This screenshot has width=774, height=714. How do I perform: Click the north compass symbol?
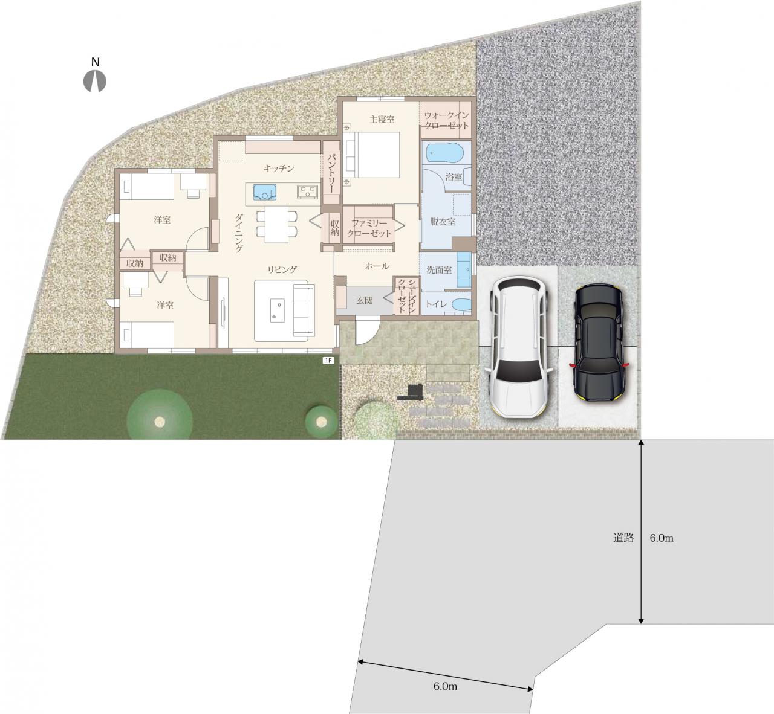(95, 80)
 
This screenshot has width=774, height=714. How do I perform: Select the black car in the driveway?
(599, 343)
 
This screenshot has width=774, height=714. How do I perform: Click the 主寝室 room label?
(382, 119)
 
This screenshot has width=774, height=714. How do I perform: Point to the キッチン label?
(279, 169)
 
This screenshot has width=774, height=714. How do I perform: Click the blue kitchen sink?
(265, 192)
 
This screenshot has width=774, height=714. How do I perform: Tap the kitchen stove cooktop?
(308, 191)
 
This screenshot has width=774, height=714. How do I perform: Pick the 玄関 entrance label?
(365, 300)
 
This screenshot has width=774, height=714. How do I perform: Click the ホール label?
(377, 266)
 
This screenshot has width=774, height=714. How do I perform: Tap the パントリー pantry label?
(331, 173)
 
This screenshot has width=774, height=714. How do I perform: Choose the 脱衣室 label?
(443, 222)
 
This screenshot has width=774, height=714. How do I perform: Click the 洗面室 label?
(439, 270)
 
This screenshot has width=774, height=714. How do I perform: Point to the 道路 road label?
(623, 538)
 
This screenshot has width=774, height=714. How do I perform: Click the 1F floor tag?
(328, 361)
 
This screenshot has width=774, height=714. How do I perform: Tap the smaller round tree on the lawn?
(321, 422)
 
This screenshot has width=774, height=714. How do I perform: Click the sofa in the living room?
(304, 310)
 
